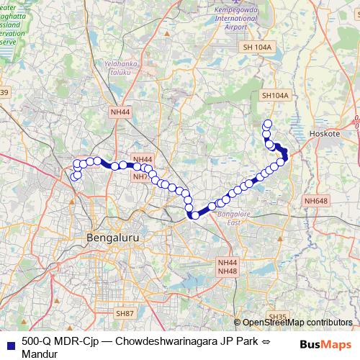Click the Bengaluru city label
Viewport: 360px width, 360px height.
tap(112, 237)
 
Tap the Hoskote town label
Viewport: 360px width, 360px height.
tap(343, 133)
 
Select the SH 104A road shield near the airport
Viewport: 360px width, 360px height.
tap(257, 47)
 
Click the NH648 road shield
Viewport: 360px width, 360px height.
tap(315, 201)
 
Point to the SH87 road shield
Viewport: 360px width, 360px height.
tap(125, 314)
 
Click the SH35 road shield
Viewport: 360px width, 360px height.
tap(277, 317)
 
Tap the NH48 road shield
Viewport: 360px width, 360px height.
tap(228, 271)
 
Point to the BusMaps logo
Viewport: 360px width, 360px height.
tap(325, 346)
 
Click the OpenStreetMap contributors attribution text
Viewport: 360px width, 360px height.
tap(297, 322)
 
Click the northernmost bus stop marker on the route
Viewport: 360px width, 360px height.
tap(269, 123)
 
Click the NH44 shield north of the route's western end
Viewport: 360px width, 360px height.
tap(120, 112)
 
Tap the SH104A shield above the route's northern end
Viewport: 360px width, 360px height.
tap(274, 95)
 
